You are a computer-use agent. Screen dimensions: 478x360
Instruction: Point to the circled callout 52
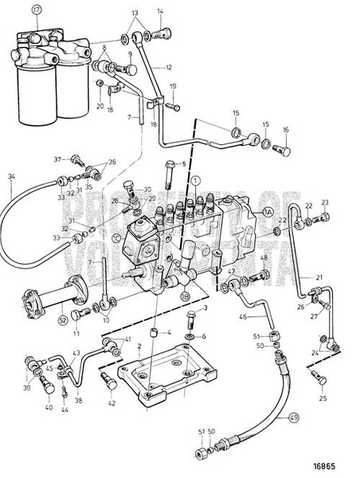click(x=41, y=321)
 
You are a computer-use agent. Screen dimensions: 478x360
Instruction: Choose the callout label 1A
click(x=268, y=212)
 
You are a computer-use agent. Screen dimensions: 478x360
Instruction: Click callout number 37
click(x=59, y=159)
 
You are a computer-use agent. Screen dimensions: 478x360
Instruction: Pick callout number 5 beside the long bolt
click(x=183, y=164)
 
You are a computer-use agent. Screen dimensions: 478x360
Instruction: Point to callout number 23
click(x=324, y=203)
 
